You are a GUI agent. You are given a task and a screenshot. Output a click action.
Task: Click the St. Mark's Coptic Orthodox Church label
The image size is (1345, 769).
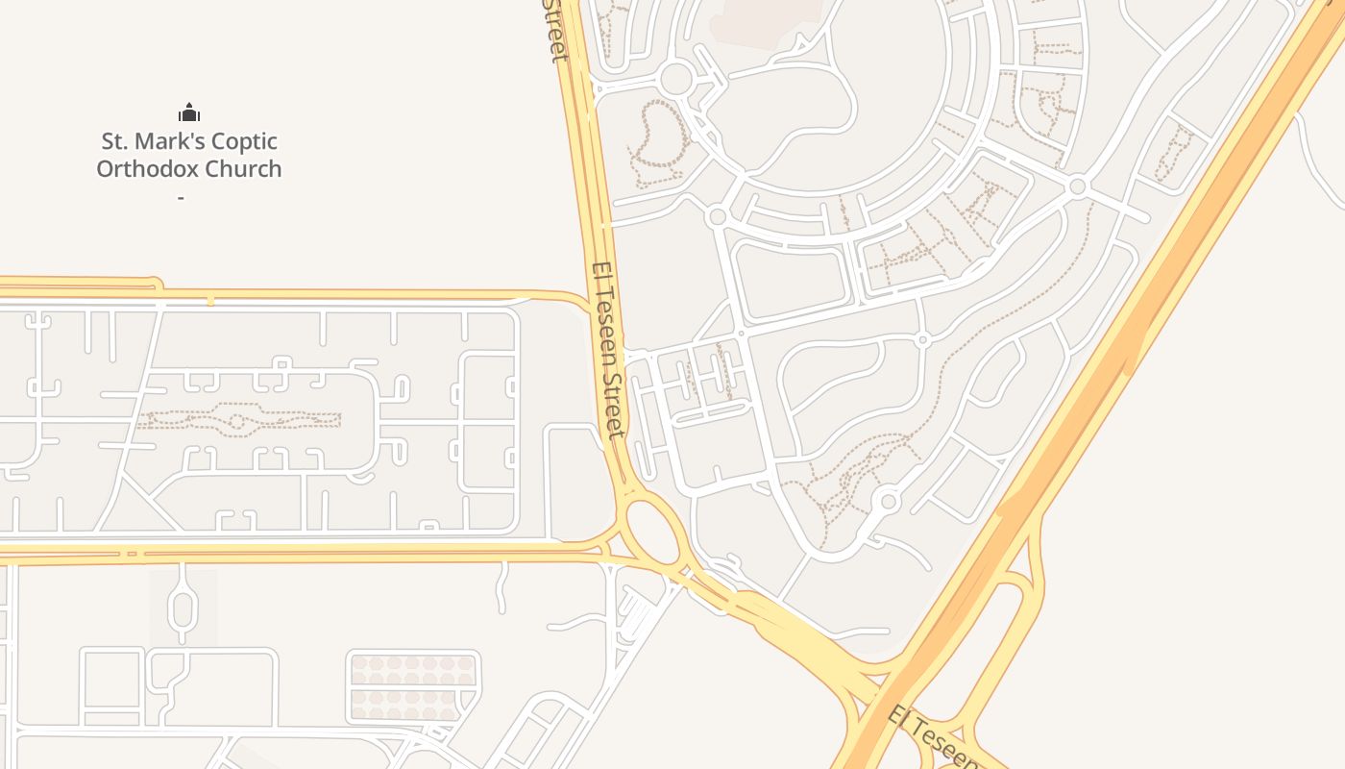(x=189, y=155)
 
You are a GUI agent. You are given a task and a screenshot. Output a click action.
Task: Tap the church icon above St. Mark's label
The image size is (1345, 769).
(x=189, y=112)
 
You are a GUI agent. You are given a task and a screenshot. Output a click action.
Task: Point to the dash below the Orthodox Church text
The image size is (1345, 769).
(x=181, y=198)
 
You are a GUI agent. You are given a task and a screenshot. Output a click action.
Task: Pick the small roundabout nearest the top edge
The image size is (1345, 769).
(x=676, y=79)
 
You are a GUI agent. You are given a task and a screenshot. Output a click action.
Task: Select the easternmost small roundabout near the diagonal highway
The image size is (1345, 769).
(x=1077, y=186)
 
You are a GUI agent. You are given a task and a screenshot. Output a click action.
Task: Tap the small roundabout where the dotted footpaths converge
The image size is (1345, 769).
(x=888, y=502)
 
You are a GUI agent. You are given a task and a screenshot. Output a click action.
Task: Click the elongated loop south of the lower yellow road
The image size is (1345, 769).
(x=183, y=607)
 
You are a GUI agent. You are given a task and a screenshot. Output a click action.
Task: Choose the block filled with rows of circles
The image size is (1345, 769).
(x=412, y=687)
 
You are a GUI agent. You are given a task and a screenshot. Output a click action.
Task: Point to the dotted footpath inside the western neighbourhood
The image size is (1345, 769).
(x=240, y=420)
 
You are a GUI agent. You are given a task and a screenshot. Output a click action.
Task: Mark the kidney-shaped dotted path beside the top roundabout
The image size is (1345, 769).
(x=657, y=142)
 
